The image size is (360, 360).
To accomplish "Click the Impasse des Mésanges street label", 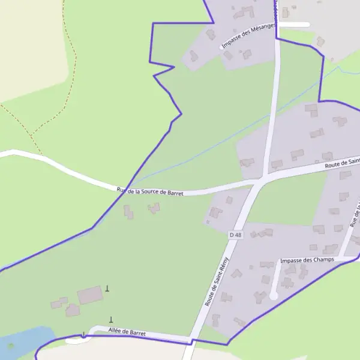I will (x=248, y=36).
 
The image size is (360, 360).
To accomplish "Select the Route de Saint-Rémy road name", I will (x=217, y=281).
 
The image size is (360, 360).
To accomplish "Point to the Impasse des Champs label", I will (x=307, y=260).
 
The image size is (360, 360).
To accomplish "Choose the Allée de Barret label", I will (x=128, y=331).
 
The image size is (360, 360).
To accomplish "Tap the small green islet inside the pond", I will (x=10, y=346).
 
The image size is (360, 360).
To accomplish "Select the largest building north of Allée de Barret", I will (x=90, y=295).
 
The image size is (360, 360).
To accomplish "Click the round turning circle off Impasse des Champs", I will (x=274, y=296).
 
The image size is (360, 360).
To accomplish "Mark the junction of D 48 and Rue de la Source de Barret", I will (x=262, y=179).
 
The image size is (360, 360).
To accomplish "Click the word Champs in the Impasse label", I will (x=322, y=260).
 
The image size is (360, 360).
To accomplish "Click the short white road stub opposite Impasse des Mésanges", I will (x=294, y=25).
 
